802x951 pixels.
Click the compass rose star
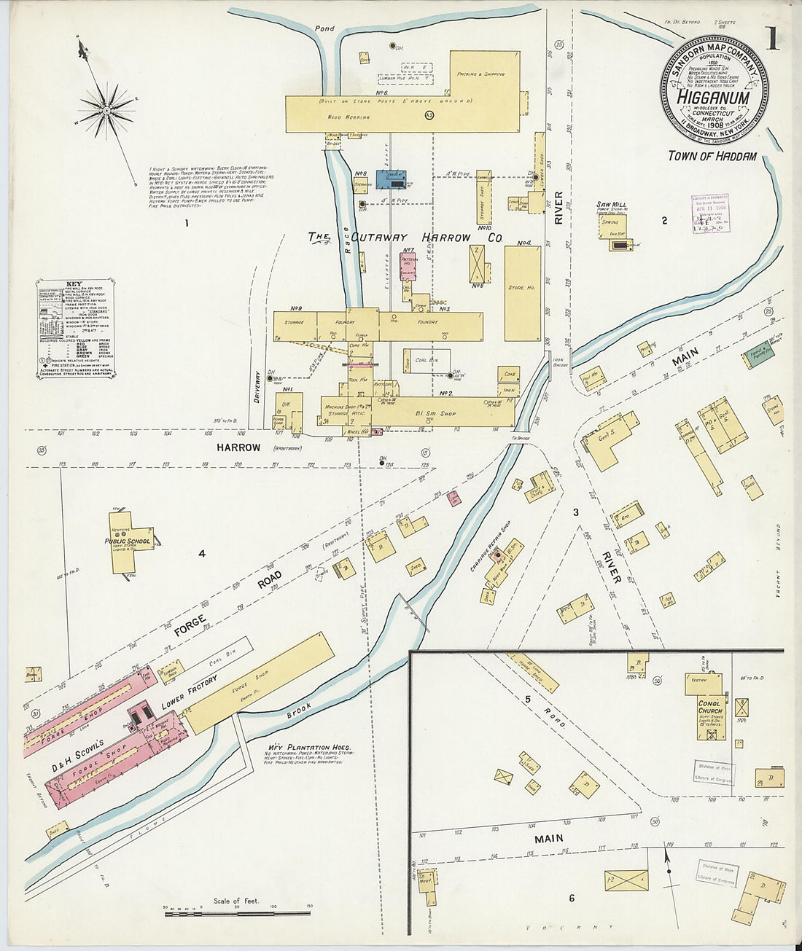(106, 111)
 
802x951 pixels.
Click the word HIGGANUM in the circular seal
(715, 97)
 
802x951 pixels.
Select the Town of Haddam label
(712, 156)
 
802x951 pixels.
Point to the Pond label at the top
(324, 29)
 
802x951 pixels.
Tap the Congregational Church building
(709, 709)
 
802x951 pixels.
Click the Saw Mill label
(609, 206)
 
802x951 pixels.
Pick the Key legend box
(74, 329)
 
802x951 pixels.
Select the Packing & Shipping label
(480, 74)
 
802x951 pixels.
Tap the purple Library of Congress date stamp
(710, 213)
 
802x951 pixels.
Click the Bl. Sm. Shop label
(437, 413)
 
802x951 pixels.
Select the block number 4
(202, 554)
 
